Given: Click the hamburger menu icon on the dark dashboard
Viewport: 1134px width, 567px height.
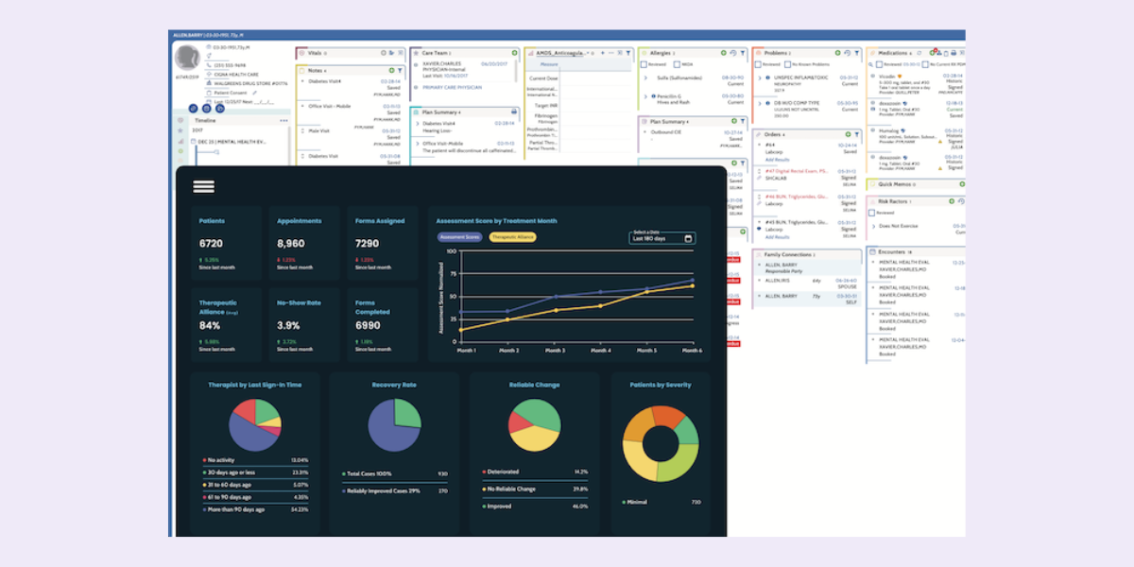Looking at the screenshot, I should pos(203,187).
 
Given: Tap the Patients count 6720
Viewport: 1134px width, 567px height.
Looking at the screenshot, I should pos(211,244).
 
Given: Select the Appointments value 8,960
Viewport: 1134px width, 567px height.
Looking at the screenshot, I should pos(291,244).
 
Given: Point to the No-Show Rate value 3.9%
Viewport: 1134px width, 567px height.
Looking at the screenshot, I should pos(288,325).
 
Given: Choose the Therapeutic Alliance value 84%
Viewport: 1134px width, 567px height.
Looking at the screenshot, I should pos(210,325).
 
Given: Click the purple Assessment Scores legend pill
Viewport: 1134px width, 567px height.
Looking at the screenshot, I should pos(459,237).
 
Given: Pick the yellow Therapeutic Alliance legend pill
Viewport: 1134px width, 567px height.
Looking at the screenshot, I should pos(512,237).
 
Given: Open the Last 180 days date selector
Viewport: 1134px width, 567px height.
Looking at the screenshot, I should pos(662,238).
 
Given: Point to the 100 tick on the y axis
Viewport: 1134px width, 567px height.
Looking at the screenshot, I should pos(451,251).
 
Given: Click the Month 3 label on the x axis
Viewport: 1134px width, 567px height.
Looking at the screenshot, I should pos(555,351).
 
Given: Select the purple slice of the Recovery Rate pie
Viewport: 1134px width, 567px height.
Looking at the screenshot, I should pos(388,434).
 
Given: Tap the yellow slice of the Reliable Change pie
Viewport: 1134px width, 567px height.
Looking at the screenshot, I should pos(529,438).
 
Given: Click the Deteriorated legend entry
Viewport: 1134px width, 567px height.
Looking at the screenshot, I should pos(503,471).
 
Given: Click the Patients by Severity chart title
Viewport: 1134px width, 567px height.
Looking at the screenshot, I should pos(661,385).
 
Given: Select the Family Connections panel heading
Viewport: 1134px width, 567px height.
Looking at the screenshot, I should pos(789,255).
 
